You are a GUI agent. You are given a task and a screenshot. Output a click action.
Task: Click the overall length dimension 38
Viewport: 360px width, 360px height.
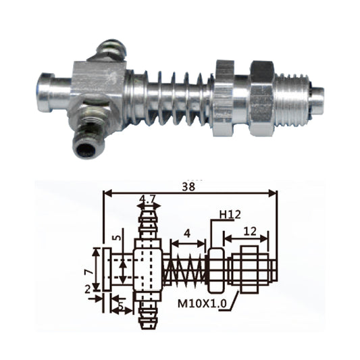(188, 186)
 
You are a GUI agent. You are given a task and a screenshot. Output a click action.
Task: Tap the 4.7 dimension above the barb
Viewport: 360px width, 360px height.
(149, 199)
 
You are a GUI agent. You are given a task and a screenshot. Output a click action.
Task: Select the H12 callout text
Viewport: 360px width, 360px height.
(230, 214)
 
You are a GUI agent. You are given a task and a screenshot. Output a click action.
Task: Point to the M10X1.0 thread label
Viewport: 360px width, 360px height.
(202, 303)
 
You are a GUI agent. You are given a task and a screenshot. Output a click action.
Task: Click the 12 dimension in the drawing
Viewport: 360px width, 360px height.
(250, 232)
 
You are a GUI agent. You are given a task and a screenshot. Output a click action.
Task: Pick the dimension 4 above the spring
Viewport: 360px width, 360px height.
(187, 234)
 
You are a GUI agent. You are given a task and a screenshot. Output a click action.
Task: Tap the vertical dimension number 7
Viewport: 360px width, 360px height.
(89, 272)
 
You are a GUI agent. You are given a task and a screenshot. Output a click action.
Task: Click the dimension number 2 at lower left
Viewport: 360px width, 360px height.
(88, 290)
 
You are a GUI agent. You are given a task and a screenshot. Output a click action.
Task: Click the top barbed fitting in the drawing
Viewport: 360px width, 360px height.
(149, 224)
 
